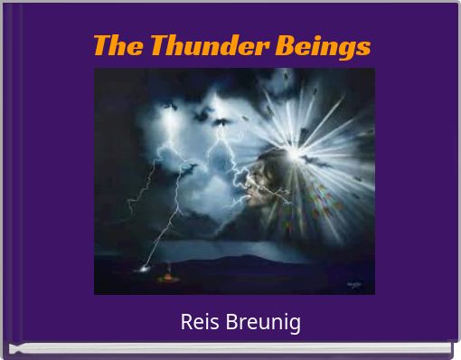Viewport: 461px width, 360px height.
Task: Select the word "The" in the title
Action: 117,45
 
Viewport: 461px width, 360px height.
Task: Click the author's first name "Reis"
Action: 196,322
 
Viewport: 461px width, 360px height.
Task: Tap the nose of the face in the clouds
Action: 246,185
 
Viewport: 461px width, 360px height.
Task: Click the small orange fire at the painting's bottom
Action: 167,276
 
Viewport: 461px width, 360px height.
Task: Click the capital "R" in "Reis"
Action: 186,322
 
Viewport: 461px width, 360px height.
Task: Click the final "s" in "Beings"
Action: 363,46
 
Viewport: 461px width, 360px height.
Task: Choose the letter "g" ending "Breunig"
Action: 295,325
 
